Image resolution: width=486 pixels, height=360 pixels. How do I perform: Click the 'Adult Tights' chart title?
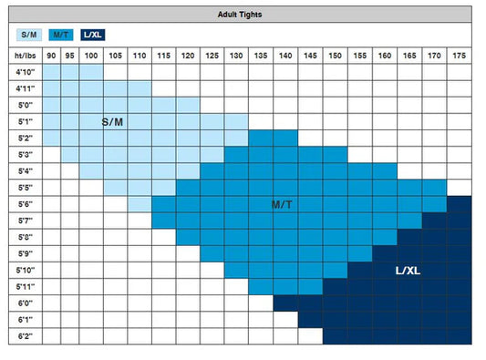pos(240,15)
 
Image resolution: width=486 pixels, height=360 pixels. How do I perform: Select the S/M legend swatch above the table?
pos(29,35)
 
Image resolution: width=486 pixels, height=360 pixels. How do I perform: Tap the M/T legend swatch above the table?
pos(61,35)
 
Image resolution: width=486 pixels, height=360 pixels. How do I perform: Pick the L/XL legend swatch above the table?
pos(93,35)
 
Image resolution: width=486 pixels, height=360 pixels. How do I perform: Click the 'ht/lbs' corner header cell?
pos(26,56)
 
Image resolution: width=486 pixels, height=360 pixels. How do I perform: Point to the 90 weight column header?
pos(51,56)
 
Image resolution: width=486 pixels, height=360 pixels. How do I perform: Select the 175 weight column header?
pos(459,56)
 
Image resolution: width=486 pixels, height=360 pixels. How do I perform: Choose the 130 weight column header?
pos(236,56)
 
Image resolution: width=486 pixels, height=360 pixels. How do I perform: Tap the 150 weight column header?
pos(335,56)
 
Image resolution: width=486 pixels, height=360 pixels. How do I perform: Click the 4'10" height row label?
pos(26,72)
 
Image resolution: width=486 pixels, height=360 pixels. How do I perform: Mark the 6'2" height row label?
pos(26,336)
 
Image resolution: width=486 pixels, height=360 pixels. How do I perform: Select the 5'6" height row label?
pos(26,204)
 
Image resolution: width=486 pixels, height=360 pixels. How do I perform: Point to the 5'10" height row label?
pos(26,270)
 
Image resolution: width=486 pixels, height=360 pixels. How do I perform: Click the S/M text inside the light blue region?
pos(112,122)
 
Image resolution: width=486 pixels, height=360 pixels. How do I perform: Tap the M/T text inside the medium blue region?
pos(282,204)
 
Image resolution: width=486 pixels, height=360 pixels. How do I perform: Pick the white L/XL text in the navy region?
pos(408,271)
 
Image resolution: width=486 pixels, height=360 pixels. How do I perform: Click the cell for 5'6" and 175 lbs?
pos(459,204)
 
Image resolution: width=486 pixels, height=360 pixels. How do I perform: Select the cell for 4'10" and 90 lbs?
pos(51,72)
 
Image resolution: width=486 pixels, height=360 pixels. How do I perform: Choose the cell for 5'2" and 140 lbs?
pos(285,139)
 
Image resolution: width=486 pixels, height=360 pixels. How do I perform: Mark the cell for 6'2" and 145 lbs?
pos(310,336)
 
